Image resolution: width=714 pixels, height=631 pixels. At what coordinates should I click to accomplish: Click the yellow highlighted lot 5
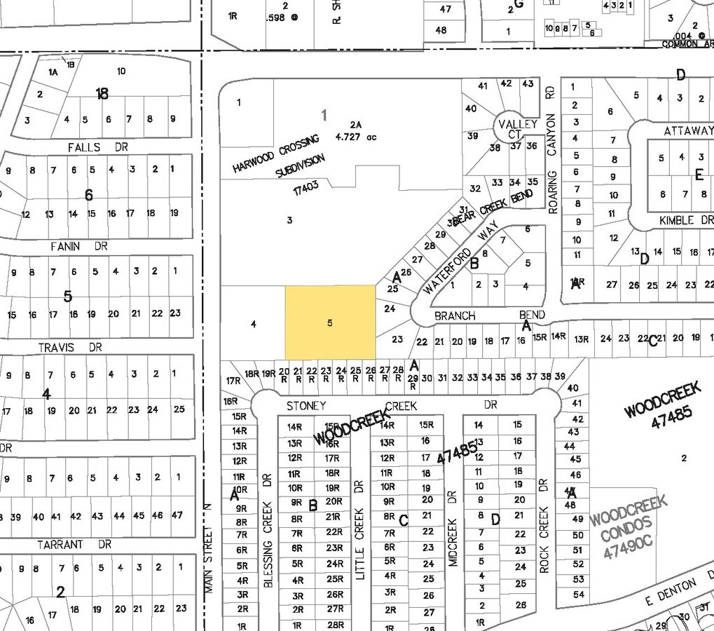pyautogui.click(x=329, y=322)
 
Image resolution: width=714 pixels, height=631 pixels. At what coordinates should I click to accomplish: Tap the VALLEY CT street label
pyautogui.click(x=518, y=129)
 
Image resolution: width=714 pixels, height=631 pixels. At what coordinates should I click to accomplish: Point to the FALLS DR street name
pyautogui.click(x=93, y=147)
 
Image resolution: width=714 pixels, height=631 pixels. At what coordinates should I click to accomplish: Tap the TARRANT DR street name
pyautogui.click(x=79, y=544)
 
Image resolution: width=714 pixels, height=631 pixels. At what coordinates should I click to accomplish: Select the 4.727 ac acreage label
pyautogui.click(x=356, y=137)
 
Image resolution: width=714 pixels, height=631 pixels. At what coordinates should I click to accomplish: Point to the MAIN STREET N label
pyautogui.click(x=208, y=548)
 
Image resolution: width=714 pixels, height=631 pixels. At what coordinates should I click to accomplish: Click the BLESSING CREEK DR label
pyautogui.click(x=267, y=530)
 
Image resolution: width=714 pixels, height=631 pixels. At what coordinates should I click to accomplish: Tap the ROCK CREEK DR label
pyautogui.click(x=544, y=526)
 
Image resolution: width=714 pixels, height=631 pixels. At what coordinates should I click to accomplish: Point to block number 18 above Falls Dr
pyautogui.click(x=102, y=93)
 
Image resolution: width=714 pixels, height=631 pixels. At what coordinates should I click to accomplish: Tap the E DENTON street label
pyautogui.click(x=672, y=588)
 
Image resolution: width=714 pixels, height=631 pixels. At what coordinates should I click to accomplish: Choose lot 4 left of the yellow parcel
pyautogui.click(x=254, y=324)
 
